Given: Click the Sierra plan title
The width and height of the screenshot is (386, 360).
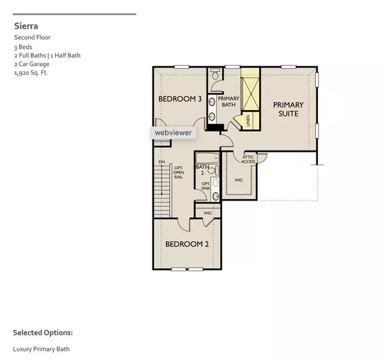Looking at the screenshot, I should click(x=26, y=26).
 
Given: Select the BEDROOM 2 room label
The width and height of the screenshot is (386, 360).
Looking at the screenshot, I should click(x=187, y=244).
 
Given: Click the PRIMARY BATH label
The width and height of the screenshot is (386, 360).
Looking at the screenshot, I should click(x=228, y=102).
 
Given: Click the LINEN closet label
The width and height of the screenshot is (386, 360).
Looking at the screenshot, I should click(x=246, y=120).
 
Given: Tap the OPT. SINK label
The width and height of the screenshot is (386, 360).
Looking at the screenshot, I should click(x=206, y=186).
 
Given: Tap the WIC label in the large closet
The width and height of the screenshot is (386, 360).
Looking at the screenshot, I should click(x=239, y=181).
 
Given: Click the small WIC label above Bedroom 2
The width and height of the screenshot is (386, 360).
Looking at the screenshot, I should click(x=208, y=213).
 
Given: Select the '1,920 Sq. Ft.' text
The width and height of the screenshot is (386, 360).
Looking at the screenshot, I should click(x=32, y=73).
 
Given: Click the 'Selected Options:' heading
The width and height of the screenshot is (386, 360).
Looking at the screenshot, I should click(x=42, y=333).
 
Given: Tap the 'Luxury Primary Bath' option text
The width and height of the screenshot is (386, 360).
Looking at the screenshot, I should click(x=41, y=349).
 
